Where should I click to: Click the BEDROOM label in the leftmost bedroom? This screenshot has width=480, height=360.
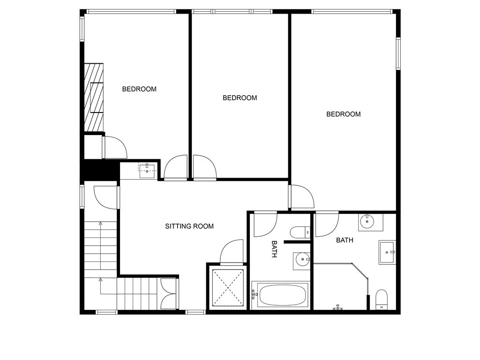[139, 89]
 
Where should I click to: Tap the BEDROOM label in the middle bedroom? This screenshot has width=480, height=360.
[240, 98]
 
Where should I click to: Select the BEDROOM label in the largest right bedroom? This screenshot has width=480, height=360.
[344, 114]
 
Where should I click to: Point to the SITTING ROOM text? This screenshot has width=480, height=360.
[189, 226]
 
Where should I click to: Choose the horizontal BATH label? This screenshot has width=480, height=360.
[345, 240]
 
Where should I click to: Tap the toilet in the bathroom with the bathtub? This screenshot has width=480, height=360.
[300, 232]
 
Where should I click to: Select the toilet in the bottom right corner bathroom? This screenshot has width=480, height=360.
[382, 300]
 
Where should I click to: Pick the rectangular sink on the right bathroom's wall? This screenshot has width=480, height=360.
[388, 252]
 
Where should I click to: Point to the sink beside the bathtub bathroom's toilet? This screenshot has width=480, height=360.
[302, 259]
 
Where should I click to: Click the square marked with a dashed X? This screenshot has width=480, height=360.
[227, 287]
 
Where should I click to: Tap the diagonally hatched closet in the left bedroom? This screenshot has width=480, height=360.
[93, 97]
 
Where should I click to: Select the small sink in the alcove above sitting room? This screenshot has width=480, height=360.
[148, 169]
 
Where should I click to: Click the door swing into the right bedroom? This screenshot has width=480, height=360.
[301, 197]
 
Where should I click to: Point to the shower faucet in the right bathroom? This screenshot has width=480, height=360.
[338, 308]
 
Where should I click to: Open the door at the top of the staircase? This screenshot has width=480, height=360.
[105, 197]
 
